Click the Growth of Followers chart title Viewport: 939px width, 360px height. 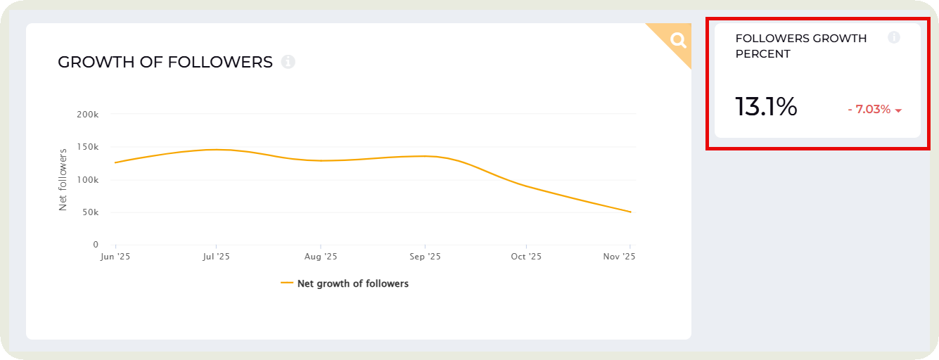click(x=165, y=62)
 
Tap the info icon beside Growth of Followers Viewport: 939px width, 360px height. click(x=288, y=62)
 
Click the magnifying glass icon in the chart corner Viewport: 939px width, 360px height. click(x=678, y=40)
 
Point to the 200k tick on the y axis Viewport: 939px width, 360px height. click(x=88, y=114)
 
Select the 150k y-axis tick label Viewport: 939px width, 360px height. click(x=88, y=147)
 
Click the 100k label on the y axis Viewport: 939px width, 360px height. click(x=88, y=180)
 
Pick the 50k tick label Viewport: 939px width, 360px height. click(x=90, y=212)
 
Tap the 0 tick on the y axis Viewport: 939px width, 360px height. click(x=96, y=245)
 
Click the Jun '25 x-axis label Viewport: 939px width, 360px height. click(x=115, y=257)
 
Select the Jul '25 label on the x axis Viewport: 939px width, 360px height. click(x=216, y=257)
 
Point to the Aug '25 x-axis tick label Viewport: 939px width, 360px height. click(x=320, y=257)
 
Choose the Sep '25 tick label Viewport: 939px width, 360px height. click(x=425, y=257)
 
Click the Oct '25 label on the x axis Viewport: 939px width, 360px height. click(x=526, y=257)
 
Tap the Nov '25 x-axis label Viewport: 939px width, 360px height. click(x=620, y=257)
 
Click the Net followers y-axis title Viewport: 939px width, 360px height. click(x=63, y=179)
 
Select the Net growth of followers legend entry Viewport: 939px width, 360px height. click(x=345, y=283)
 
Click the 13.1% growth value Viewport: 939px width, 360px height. click(x=766, y=107)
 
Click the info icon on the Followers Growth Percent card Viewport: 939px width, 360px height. click(x=894, y=37)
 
